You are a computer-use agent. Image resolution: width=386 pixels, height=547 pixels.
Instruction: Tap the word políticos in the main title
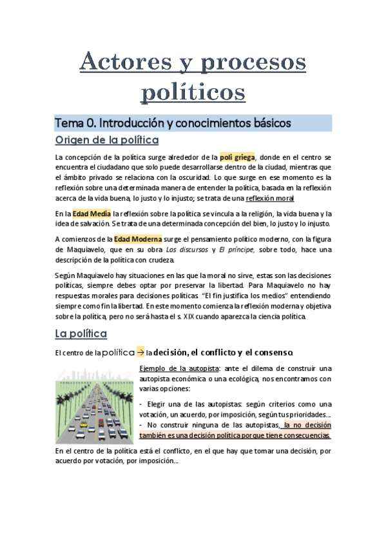tap(193, 90)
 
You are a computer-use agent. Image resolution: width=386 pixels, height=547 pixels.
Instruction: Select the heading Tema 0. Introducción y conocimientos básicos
tap(173, 123)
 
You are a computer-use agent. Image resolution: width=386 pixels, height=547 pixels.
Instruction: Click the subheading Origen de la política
tap(107, 141)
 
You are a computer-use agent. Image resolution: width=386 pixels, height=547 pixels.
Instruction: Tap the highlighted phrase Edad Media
tap(92, 214)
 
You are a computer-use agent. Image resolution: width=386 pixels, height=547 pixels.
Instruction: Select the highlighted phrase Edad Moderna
tap(138, 239)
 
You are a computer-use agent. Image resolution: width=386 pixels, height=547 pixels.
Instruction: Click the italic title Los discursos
tap(185, 250)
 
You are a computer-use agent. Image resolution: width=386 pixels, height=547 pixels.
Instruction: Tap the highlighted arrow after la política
tap(140, 352)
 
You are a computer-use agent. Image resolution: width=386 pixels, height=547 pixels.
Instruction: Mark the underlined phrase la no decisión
tap(307, 425)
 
